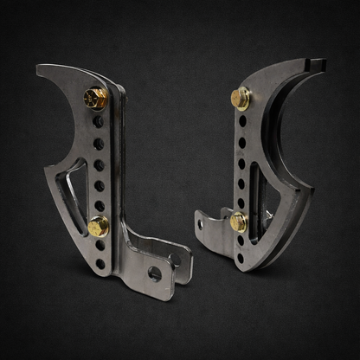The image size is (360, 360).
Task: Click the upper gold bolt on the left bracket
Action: click(95, 100)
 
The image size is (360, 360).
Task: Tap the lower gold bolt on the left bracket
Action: click(98, 227)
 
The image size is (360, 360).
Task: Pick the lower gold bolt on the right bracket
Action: click(237, 222)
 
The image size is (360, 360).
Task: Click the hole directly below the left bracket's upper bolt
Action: click(98, 123)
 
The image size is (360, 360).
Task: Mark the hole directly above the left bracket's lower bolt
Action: click(100, 205)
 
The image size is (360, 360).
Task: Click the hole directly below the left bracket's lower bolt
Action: click(100, 247)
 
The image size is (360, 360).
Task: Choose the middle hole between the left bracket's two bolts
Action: click(99, 164)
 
